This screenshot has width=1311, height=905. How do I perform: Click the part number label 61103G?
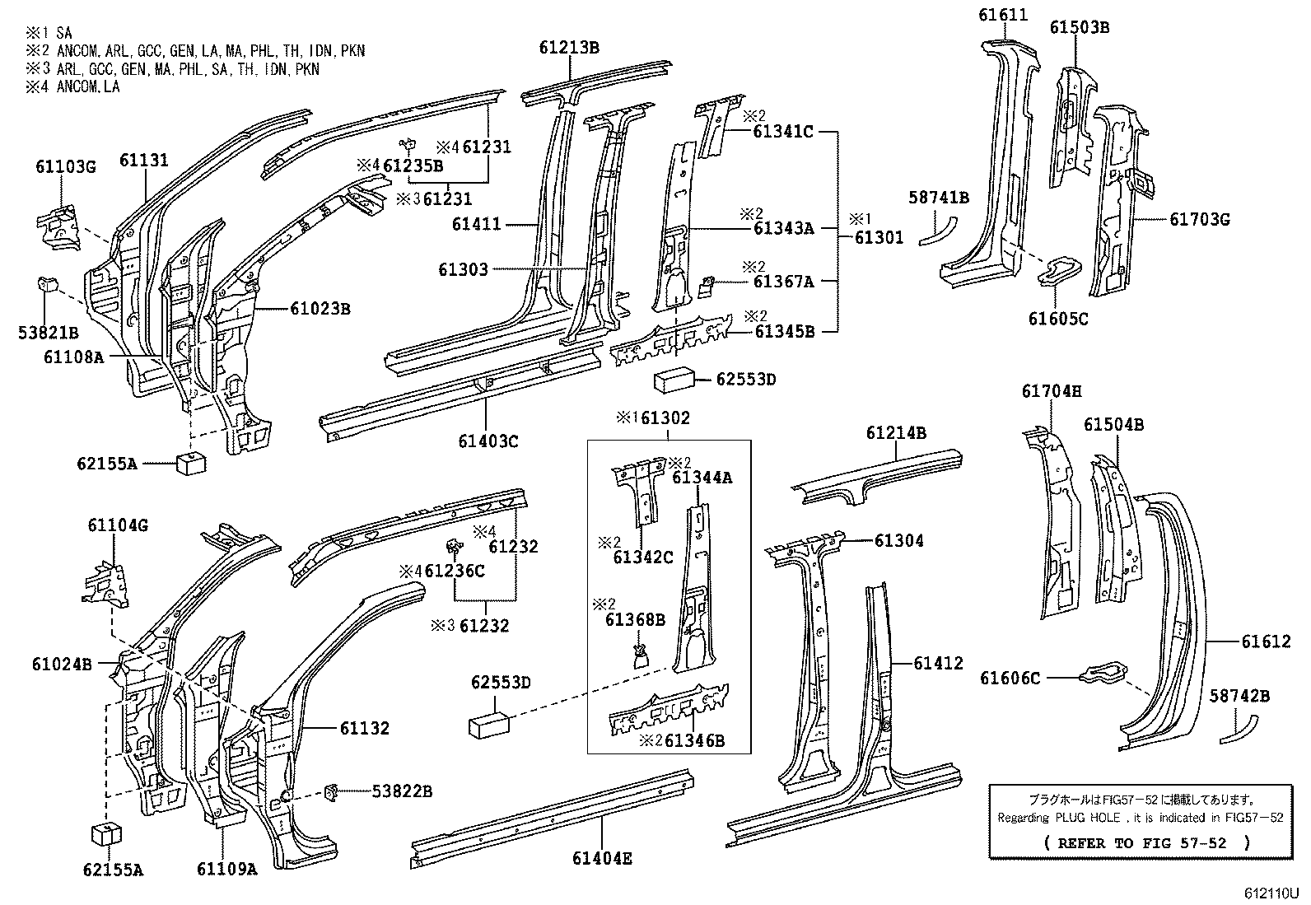[65, 167]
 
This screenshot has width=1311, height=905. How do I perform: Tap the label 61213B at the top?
[569, 48]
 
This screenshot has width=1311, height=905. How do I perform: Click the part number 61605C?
[1057, 319]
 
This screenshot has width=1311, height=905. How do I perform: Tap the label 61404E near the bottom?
[602, 859]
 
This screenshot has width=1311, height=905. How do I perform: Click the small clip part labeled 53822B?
[334, 791]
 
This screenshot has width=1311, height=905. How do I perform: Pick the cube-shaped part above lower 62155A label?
[105, 833]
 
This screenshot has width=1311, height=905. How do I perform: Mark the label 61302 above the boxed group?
[665, 418]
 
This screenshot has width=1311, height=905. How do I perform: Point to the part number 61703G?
[1199, 219]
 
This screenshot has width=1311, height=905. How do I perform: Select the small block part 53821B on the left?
[48, 285]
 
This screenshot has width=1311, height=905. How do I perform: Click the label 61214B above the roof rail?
[896, 433]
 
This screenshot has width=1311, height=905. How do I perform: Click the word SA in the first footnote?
[64, 34]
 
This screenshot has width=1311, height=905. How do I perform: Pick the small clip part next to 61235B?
[407, 147]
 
